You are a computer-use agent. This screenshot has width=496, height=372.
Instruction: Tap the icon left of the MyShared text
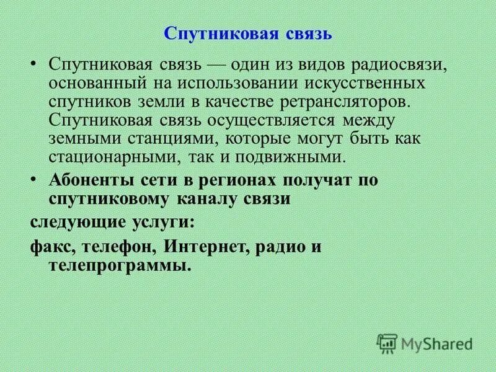tap(387, 342)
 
